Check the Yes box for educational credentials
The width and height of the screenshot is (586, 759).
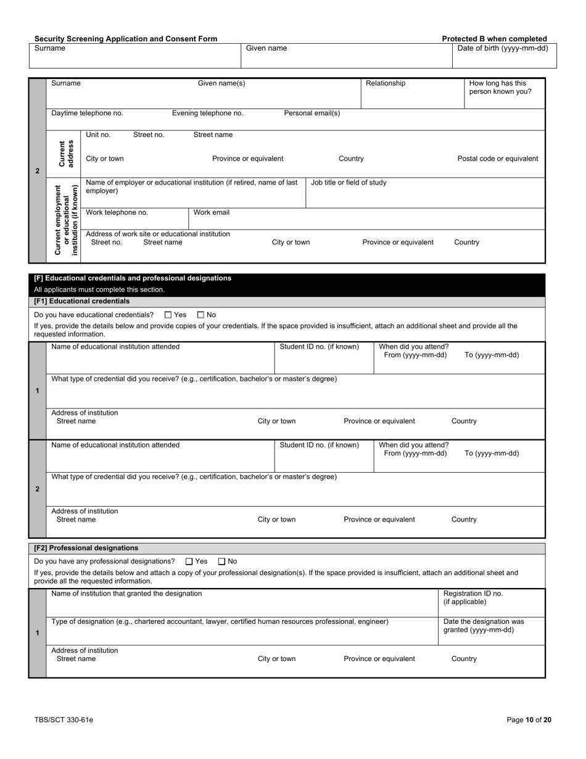(x=168, y=315)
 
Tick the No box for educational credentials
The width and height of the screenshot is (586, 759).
(x=200, y=315)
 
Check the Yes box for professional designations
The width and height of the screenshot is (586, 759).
(x=189, y=562)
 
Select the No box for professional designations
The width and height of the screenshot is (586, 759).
(x=222, y=562)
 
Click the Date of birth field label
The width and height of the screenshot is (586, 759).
(x=502, y=48)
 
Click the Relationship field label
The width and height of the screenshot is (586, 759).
(x=386, y=83)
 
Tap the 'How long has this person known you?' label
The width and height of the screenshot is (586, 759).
(x=500, y=88)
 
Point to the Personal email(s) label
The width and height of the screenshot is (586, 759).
(x=312, y=114)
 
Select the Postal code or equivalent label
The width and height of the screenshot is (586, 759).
(x=497, y=159)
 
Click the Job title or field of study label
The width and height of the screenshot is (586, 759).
(x=349, y=183)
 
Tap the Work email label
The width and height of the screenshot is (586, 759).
(x=212, y=213)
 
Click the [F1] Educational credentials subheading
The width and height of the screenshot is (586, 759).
(x=82, y=301)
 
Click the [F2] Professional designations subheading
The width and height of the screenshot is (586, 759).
(x=86, y=548)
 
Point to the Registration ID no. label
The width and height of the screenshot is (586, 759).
(x=473, y=597)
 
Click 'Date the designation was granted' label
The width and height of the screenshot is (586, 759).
(x=484, y=626)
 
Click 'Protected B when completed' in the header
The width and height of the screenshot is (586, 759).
(x=494, y=39)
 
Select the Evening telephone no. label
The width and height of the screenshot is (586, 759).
(x=207, y=114)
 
